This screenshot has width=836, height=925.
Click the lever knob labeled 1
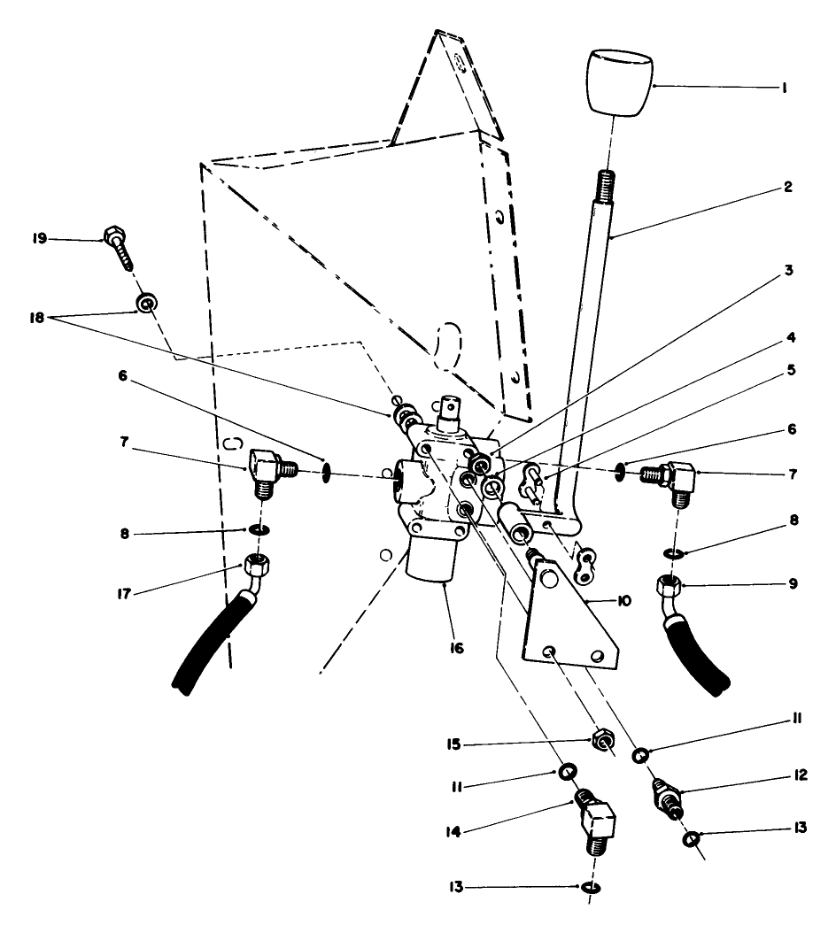[x=619, y=84]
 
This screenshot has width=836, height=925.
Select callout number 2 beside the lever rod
[x=788, y=188]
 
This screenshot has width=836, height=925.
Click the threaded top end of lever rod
[x=606, y=186]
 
